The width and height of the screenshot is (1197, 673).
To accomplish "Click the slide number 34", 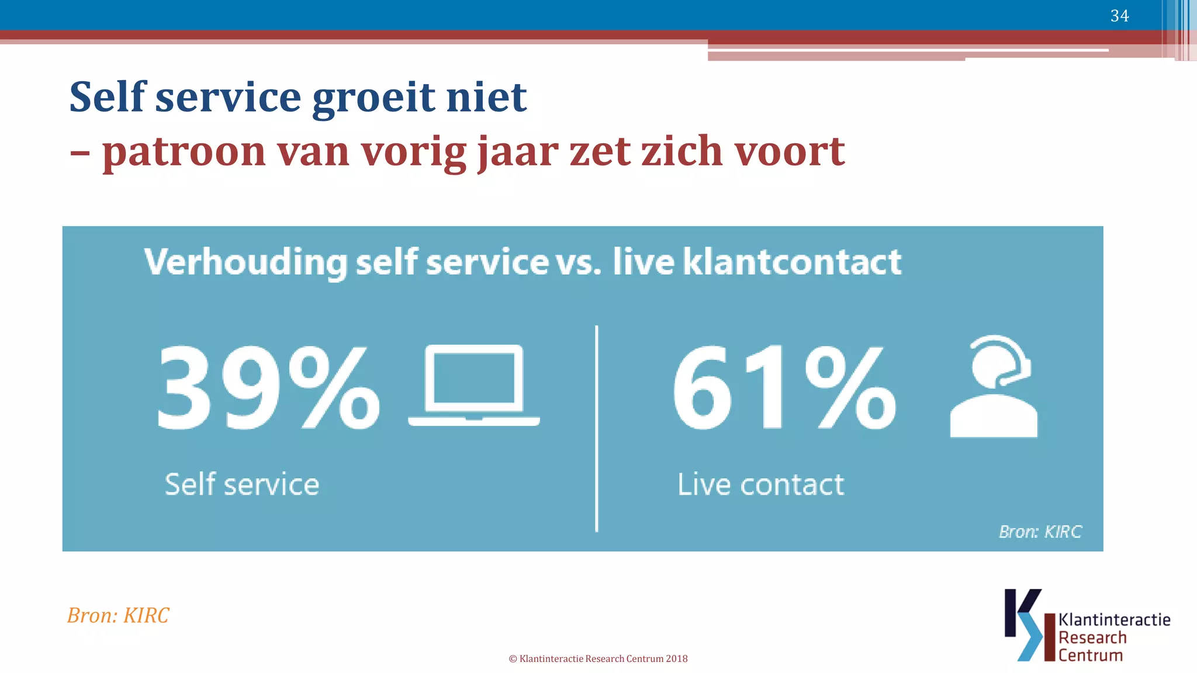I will point(1119,16).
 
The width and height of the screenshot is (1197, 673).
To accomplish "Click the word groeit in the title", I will point(373,98).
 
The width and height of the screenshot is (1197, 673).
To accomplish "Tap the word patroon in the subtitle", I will point(184,152).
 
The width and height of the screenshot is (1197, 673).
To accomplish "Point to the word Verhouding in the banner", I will point(245,262).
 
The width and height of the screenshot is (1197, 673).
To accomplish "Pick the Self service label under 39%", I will point(242,484).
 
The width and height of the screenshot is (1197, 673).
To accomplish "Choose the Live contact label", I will point(760,484).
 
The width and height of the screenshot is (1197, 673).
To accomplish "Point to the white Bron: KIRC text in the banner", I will point(1040,532).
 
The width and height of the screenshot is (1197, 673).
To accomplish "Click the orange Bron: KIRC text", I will point(118,615).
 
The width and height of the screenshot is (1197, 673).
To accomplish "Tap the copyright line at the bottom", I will point(598,658).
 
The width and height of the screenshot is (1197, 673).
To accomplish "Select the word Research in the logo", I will point(1092,637).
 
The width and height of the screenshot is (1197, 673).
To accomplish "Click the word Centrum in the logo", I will point(1091,655).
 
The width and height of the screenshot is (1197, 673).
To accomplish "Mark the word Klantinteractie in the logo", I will point(1114,620).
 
